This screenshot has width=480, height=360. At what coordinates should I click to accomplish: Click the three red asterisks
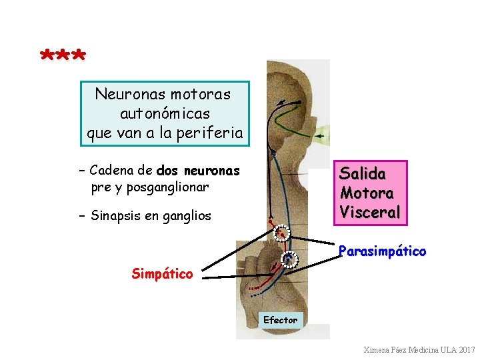63,55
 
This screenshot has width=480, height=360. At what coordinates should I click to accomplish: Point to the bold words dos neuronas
197,171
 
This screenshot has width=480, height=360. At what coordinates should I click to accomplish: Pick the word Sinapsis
116,215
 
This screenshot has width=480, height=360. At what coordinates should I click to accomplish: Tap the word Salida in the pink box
363,174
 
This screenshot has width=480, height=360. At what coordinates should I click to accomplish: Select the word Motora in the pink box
367,193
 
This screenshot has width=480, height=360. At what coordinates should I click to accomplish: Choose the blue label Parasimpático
382,251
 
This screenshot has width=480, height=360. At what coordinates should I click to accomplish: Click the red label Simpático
162,273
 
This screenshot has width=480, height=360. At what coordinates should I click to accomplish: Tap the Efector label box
280,320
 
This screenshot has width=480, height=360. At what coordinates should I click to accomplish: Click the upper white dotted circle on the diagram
282,233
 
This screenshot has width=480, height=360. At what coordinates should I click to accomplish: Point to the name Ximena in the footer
378,350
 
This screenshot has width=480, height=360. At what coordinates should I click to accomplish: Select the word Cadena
111,171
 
